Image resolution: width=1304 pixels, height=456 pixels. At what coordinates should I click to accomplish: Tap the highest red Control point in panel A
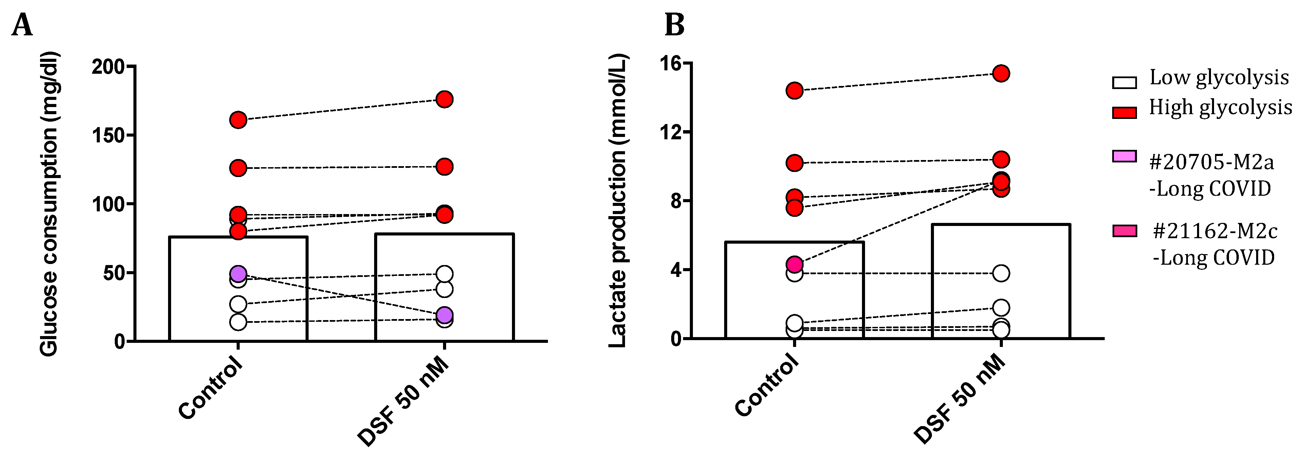click(x=238, y=120)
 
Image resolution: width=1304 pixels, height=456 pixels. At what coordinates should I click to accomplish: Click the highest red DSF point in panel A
click(x=444, y=99)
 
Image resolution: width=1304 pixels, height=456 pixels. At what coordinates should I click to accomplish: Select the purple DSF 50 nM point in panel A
click(x=444, y=315)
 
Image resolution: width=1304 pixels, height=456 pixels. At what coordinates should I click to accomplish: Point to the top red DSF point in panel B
click(x=1001, y=73)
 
